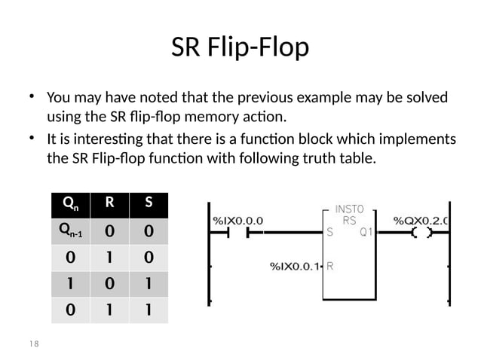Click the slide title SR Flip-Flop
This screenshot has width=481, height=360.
(240, 47)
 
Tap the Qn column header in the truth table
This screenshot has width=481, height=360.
(70, 203)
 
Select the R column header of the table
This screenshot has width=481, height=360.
(110, 203)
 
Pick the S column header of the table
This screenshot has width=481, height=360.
(148, 203)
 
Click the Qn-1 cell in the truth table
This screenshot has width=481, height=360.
(70, 231)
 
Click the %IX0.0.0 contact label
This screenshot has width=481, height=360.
(238, 221)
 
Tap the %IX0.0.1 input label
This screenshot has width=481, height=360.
(296, 266)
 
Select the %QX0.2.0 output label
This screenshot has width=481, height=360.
(421, 221)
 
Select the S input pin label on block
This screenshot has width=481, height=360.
(330, 233)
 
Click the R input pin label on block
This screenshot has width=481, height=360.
(330, 266)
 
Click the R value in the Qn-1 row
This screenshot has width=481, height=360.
(110, 231)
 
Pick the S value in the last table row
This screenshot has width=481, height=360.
(148, 308)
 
